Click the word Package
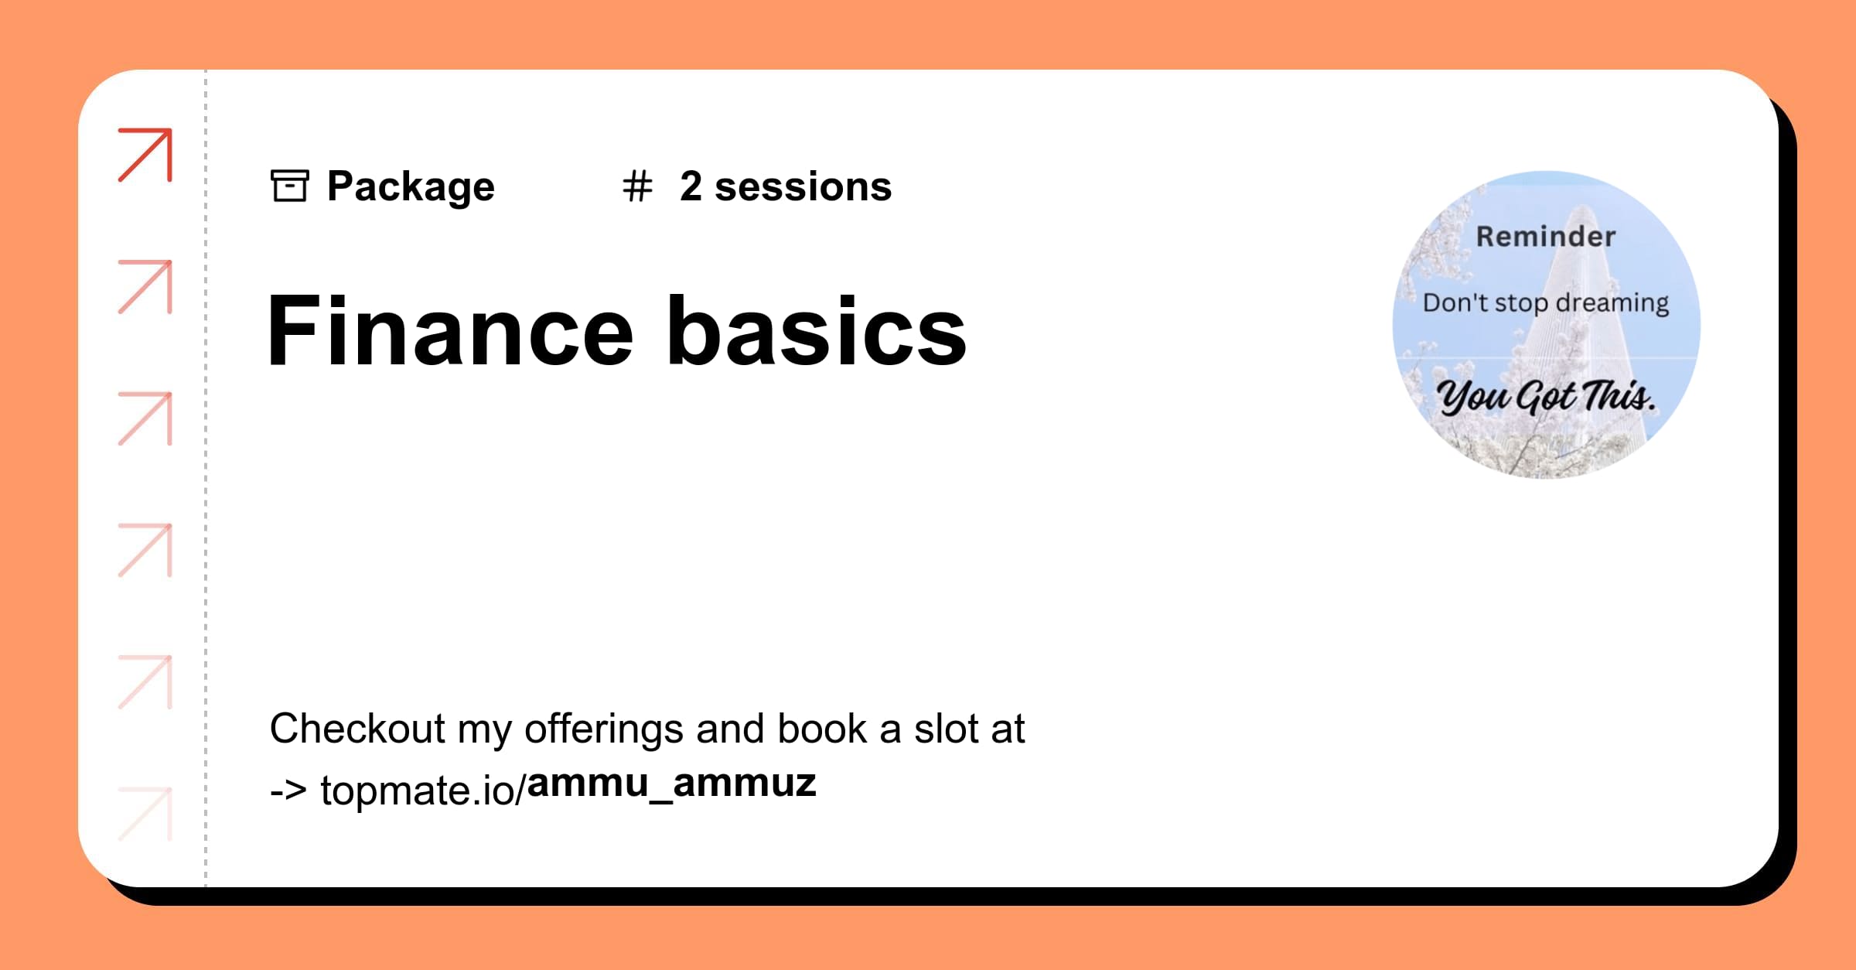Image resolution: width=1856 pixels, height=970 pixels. coord(411,187)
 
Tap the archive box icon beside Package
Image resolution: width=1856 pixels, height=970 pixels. coord(290,186)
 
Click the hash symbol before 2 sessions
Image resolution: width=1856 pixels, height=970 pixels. coord(637,187)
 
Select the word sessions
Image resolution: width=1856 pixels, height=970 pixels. coord(803,187)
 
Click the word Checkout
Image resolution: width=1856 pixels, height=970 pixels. coord(357,729)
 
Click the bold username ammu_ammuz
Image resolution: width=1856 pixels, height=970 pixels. coord(671,783)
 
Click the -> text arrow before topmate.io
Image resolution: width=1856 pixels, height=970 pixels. coord(288,791)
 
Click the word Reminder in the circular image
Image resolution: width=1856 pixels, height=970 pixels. coord(1545,237)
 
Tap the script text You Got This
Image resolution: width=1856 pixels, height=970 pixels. coord(1545,396)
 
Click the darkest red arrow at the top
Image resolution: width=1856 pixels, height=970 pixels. coord(145,155)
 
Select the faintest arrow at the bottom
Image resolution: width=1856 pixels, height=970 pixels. coord(145,813)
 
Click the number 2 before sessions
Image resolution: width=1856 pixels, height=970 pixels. coord(691,187)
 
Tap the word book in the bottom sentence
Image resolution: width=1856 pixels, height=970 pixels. coord(822,729)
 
